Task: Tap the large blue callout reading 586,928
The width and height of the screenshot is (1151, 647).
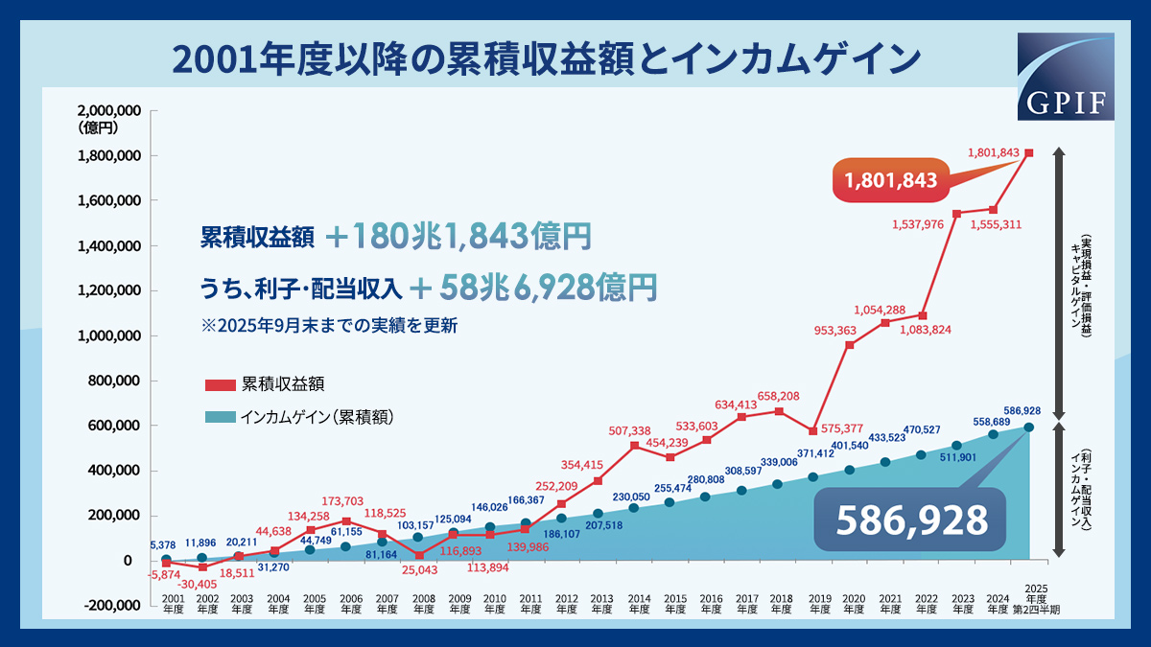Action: pos(911,520)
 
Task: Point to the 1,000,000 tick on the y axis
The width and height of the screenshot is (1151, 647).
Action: pos(113,335)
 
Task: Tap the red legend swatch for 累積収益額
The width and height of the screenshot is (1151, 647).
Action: pos(221,385)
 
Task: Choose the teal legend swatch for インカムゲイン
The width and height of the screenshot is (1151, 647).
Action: pos(221,417)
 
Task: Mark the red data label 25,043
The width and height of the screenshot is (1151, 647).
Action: pos(419,569)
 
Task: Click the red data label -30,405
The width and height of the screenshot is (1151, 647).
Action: pos(200,584)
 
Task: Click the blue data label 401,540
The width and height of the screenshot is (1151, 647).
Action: pos(849,446)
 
